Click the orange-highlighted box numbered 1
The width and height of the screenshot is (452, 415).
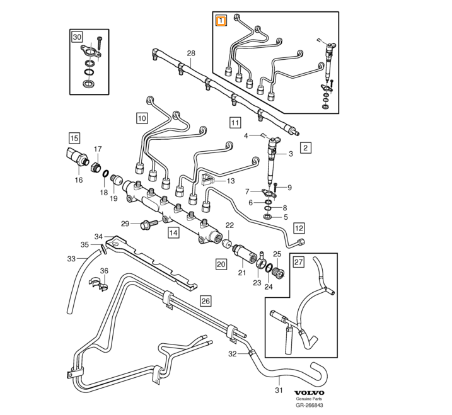(x=221, y=21)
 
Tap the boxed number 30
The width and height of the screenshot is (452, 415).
(x=77, y=37)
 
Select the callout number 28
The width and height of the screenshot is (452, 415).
(x=191, y=54)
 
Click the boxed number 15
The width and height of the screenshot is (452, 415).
(x=74, y=139)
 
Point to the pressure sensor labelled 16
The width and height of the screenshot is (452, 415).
(x=76, y=157)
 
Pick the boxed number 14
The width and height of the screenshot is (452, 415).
(x=173, y=233)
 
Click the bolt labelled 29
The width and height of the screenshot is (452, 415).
(x=149, y=224)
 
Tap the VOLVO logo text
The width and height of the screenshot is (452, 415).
(x=309, y=393)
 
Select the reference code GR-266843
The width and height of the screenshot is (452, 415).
(x=309, y=405)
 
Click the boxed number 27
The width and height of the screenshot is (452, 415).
(x=299, y=262)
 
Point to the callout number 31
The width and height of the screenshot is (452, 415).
(x=279, y=390)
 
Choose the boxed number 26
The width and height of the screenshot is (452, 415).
(x=206, y=301)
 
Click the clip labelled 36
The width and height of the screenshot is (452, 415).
(x=98, y=283)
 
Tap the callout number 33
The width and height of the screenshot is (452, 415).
(x=71, y=259)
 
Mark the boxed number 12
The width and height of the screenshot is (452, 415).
(x=299, y=229)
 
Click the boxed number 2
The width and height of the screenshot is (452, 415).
(x=306, y=148)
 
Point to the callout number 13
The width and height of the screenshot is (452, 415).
(x=231, y=181)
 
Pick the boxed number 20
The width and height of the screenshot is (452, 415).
(x=221, y=264)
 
